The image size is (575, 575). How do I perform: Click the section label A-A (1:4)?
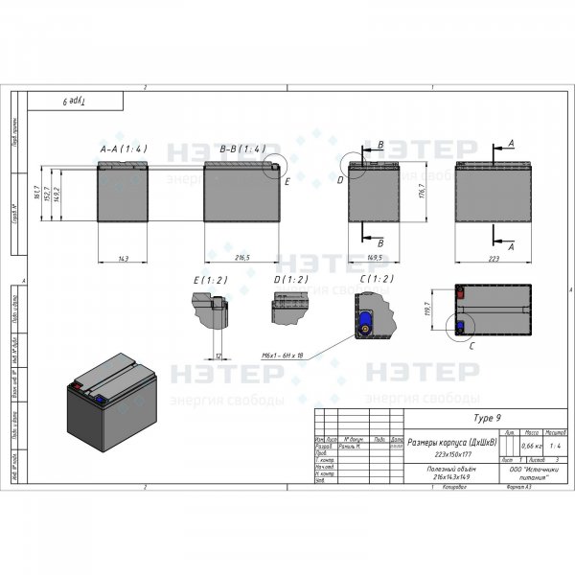tap(123, 150)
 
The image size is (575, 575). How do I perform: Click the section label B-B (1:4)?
tap(241, 150)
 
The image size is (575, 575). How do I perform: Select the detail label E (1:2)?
tap(208, 280)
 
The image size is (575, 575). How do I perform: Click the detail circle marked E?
tap(274, 169)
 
